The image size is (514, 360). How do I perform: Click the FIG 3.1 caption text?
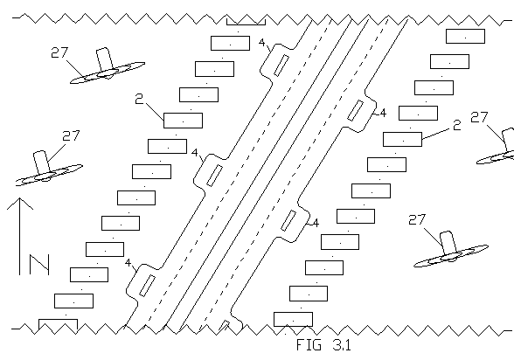[x=323, y=345]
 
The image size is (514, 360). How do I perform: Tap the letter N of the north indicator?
[x=39, y=265]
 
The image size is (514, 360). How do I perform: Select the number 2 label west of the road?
[x=139, y=99]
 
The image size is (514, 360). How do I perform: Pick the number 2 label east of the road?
[x=456, y=125]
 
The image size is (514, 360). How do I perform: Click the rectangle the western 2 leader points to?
[x=183, y=121]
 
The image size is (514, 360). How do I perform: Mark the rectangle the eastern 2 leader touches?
[x=402, y=139]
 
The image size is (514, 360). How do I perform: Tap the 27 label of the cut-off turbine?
[x=479, y=117]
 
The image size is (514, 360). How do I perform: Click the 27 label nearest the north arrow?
[x=71, y=135]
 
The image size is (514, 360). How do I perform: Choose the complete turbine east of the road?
[x=451, y=252]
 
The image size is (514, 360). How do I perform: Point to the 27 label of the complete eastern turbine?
[x=417, y=220]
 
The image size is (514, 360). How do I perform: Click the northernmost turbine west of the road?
[x=108, y=68]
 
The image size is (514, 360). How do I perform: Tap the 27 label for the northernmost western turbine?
[x=59, y=52]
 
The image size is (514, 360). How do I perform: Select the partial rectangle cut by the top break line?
[x=246, y=22]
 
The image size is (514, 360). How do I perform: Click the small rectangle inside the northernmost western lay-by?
[x=281, y=66]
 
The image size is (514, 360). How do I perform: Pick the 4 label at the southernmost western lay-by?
[x=128, y=263]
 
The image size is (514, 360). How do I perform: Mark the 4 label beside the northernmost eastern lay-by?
[x=383, y=113]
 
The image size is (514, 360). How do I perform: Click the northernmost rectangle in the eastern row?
[x=465, y=36]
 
